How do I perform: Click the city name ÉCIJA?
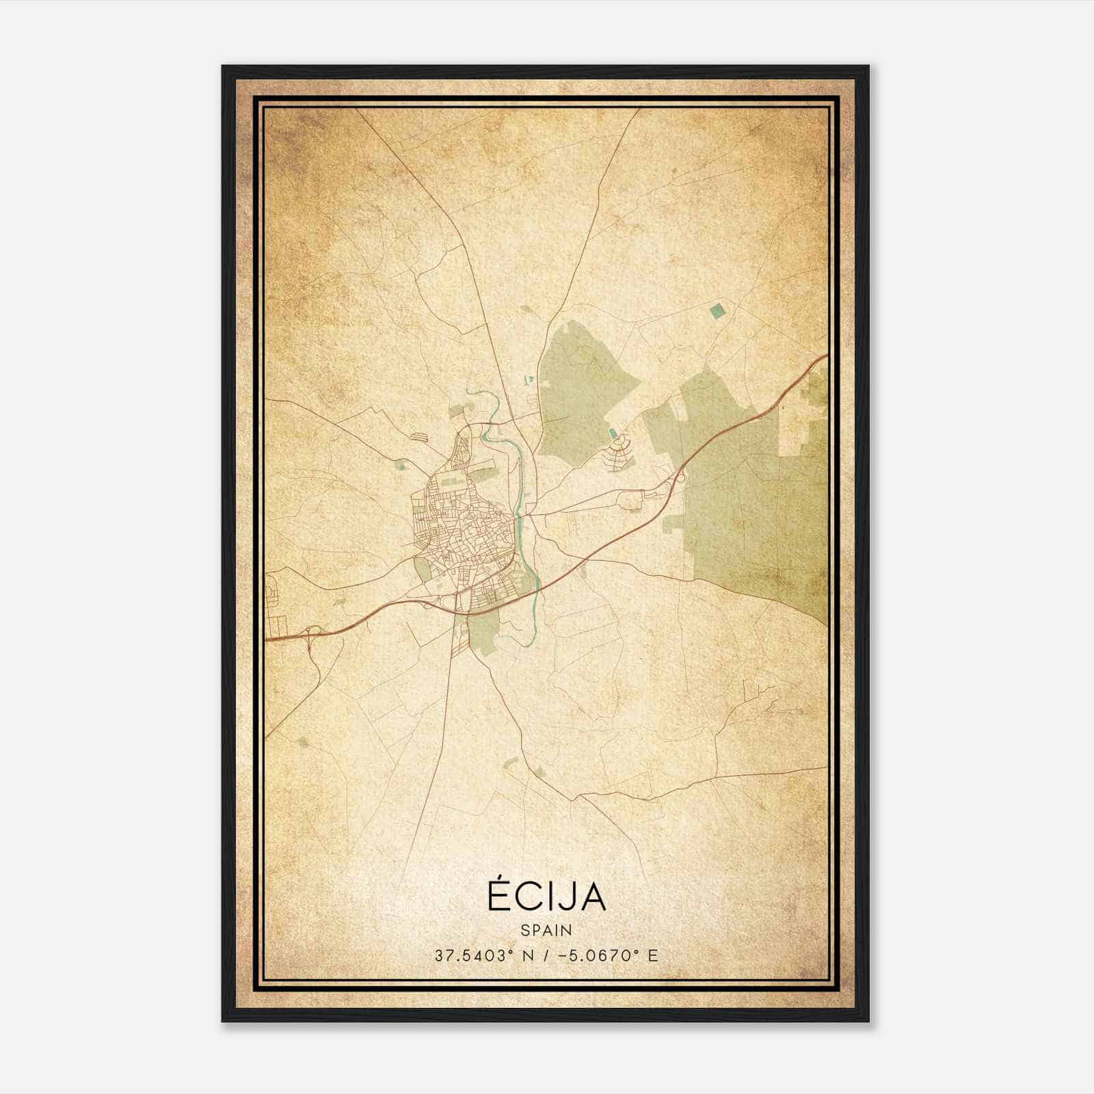coord(546,896)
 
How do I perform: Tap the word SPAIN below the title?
coord(546,930)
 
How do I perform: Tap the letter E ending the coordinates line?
coord(653,955)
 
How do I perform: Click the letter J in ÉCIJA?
coord(562,896)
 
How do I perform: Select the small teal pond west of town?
coord(401,466)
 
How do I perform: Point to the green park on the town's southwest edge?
coord(423,570)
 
